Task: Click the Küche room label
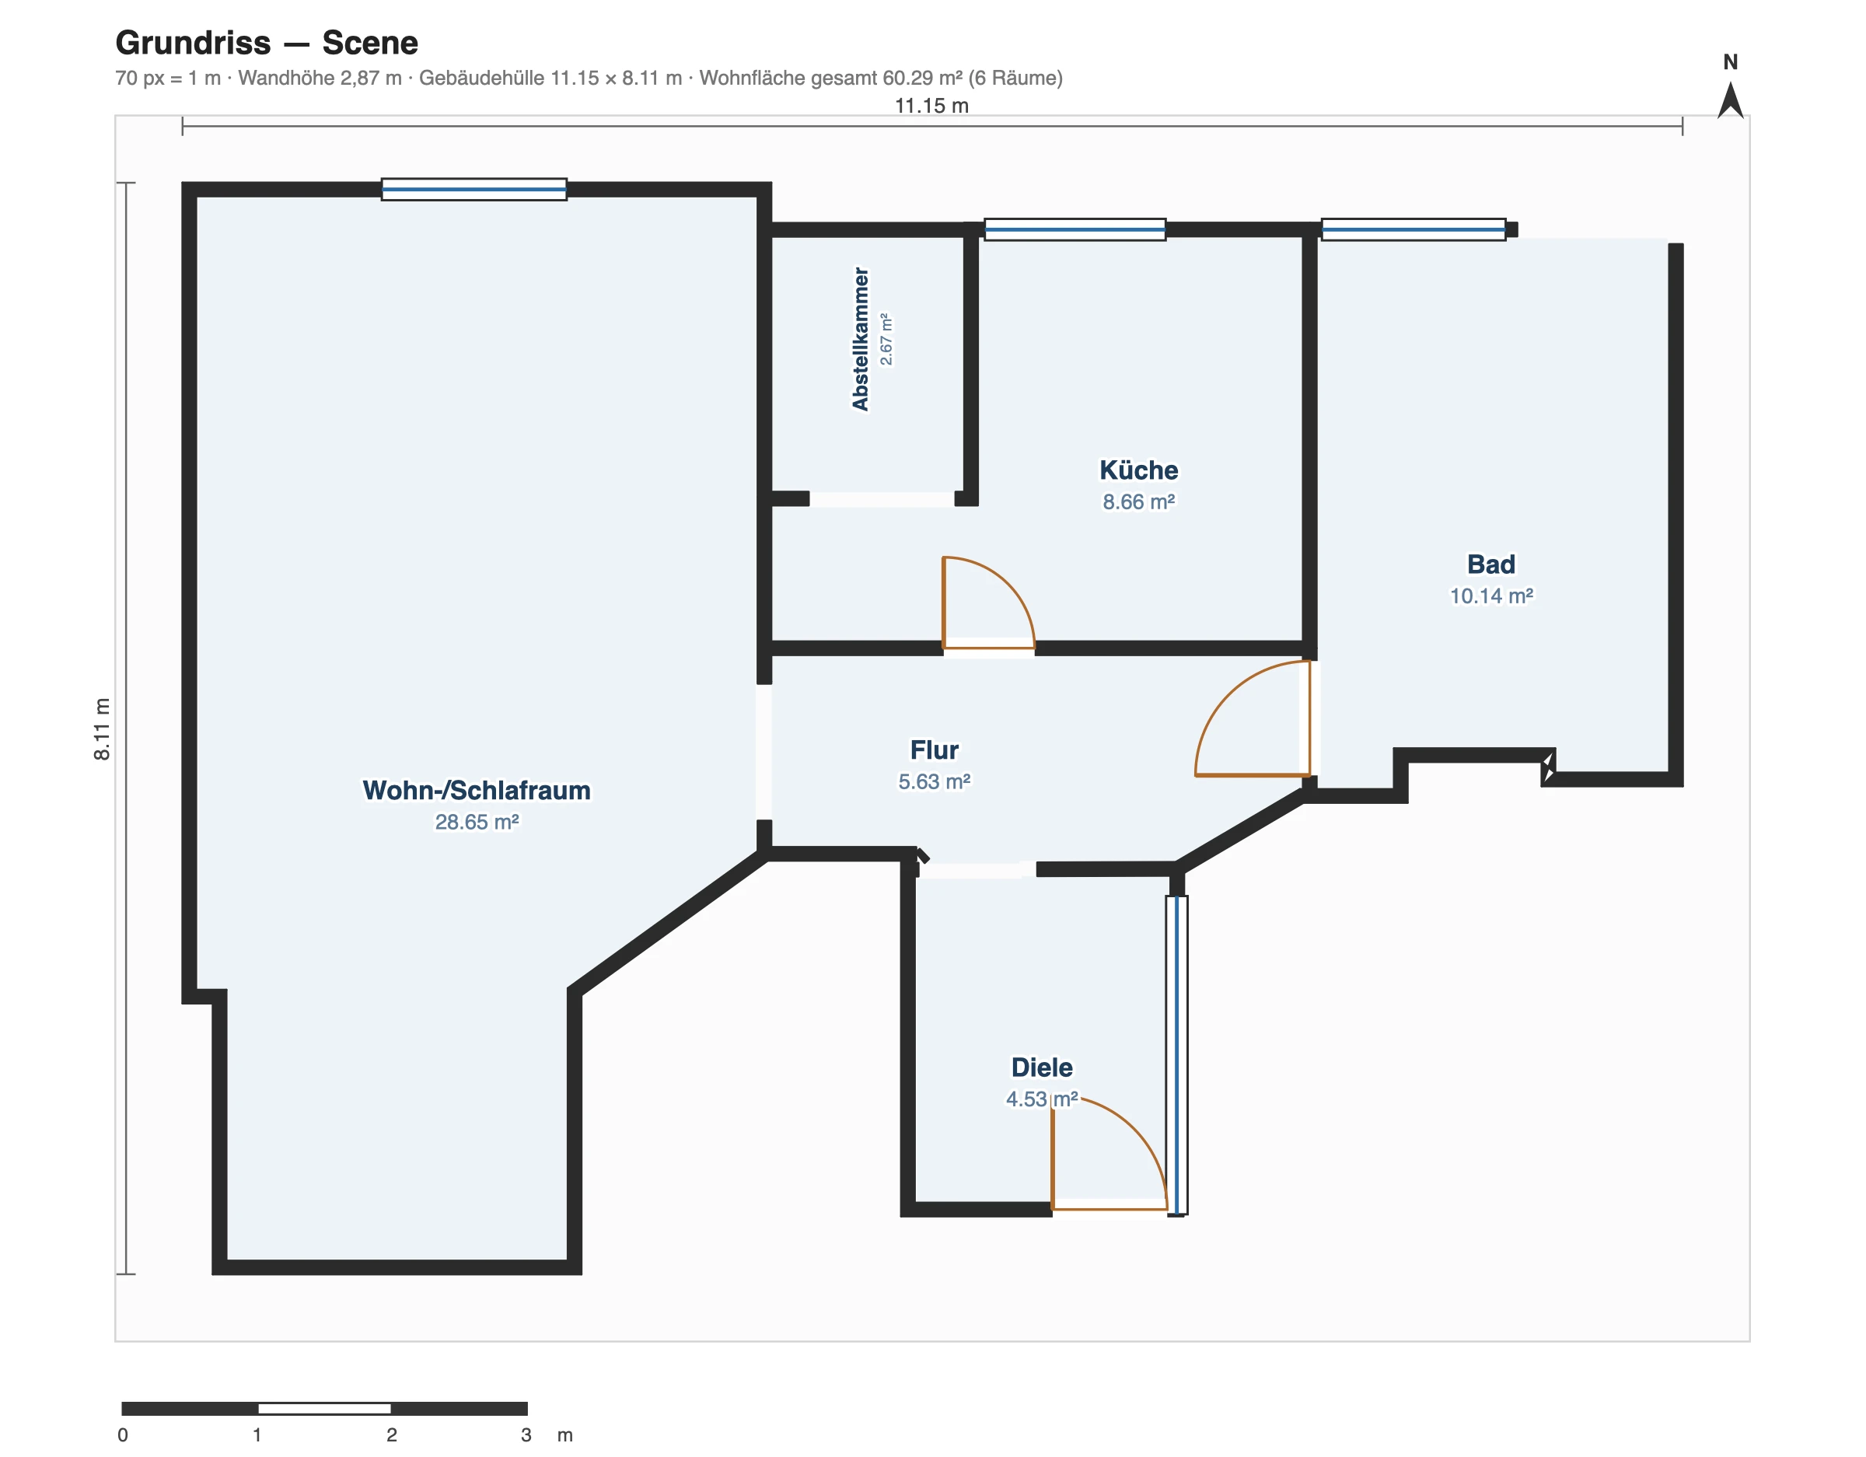click(x=1138, y=470)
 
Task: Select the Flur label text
click(x=934, y=749)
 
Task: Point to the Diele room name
click(x=1042, y=1067)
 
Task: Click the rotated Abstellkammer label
click(x=861, y=339)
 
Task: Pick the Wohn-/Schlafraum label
click(x=477, y=790)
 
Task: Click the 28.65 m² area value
click(x=477, y=821)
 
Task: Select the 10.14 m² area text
click(x=1491, y=596)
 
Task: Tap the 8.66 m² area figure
click(x=1138, y=501)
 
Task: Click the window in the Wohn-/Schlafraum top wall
click(x=473, y=189)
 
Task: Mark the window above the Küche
click(x=1075, y=229)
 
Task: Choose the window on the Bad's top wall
click(x=1413, y=229)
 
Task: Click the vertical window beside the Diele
click(x=1176, y=1054)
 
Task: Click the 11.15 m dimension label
click(x=931, y=105)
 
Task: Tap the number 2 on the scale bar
click(x=391, y=1434)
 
